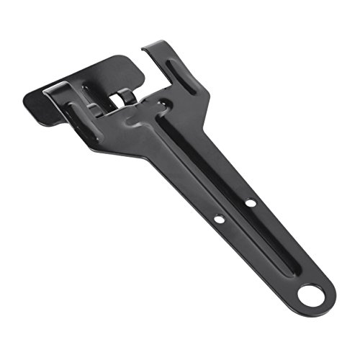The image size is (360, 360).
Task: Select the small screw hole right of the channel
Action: tap(251, 202)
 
